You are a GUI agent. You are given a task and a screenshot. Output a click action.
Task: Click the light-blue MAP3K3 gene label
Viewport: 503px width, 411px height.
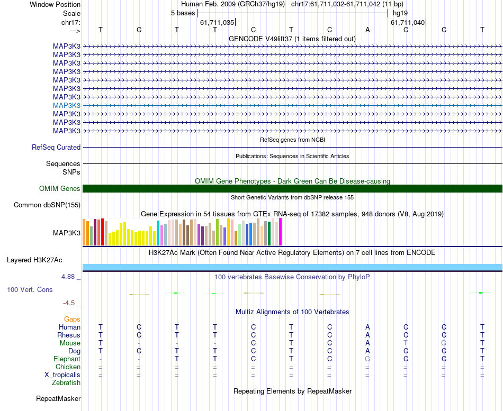click(x=67, y=105)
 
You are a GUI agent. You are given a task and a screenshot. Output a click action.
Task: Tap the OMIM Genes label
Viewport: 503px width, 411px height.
click(x=60, y=189)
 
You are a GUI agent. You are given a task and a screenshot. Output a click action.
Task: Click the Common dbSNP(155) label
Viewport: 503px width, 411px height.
click(x=47, y=205)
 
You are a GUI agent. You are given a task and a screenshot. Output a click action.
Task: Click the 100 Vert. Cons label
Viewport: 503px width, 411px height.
click(x=31, y=289)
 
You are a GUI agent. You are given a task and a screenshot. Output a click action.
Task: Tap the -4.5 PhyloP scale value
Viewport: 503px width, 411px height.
click(x=69, y=303)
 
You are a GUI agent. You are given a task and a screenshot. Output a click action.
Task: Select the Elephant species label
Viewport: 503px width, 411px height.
click(x=67, y=359)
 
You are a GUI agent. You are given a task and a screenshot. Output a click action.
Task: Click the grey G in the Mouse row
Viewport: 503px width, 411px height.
click(x=444, y=343)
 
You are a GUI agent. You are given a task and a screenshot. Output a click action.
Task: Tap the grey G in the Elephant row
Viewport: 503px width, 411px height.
click(x=367, y=359)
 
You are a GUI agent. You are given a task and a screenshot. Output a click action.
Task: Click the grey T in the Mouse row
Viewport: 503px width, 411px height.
click(x=406, y=343)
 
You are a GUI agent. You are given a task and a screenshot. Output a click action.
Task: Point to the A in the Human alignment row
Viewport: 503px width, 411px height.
click(x=367, y=327)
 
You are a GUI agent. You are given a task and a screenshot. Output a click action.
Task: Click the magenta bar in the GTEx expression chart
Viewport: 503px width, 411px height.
click(x=280, y=232)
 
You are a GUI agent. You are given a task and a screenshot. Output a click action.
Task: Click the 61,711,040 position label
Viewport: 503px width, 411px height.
click(x=408, y=22)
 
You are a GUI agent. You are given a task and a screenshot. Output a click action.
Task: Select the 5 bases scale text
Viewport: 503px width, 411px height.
click(x=183, y=13)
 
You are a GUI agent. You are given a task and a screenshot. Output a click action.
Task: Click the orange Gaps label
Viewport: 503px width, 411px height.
click(x=72, y=319)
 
